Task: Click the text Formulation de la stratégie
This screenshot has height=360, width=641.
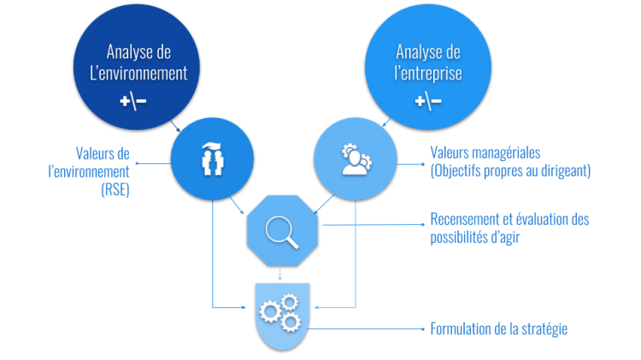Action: point(498,329)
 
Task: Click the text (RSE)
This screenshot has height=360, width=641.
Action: point(115,191)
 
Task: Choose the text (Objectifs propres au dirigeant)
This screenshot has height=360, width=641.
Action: point(511,171)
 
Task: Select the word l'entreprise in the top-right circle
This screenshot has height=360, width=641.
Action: point(428,74)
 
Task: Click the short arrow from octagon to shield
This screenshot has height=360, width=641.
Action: point(282,274)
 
